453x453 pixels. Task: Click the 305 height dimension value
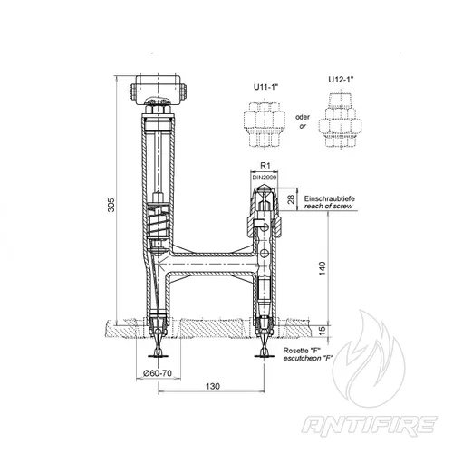pos(111,205)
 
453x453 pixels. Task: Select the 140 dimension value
pos(323,268)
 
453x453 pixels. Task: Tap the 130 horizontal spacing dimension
pos(213,386)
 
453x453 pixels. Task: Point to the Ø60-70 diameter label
pos(158,373)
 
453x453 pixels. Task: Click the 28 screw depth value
pos(291,199)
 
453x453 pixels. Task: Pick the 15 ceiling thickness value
pos(323,331)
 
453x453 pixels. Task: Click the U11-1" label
pos(265,87)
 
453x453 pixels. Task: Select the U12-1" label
pos(341,80)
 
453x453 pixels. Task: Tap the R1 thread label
pos(265,165)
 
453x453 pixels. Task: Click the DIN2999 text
pos(265,178)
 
